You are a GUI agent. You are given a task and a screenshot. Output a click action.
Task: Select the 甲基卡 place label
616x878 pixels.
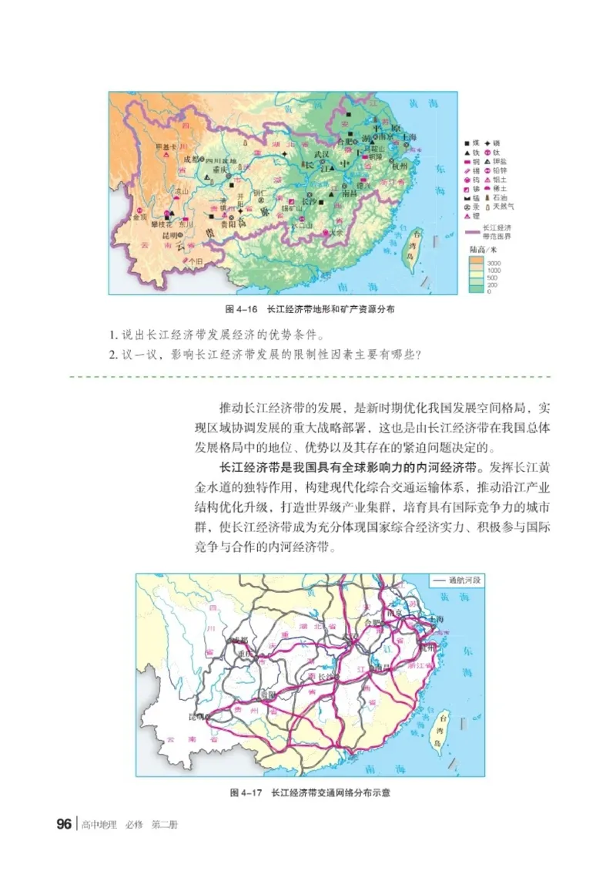tap(166, 146)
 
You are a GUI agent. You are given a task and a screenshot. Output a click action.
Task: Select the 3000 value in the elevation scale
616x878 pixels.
tap(494, 263)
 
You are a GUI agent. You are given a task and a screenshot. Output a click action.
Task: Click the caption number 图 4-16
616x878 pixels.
tap(239, 308)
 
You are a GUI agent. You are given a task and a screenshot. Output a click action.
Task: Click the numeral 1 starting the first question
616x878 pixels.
tap(112, 335)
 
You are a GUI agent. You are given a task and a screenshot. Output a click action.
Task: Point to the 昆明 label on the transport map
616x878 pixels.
tap(198, 715)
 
